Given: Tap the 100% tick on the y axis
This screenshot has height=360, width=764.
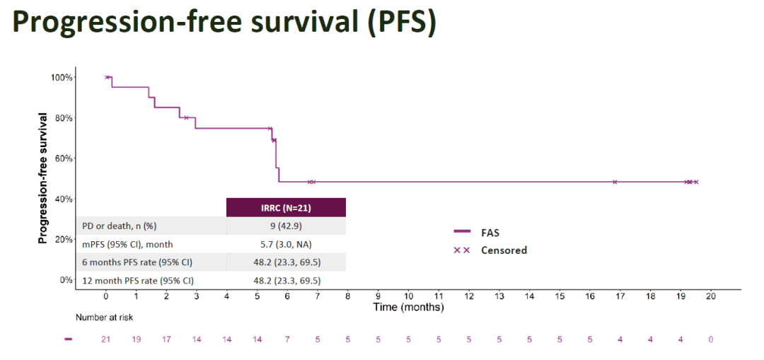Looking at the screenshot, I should point(62,77).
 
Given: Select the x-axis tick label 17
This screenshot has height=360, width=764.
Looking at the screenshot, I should point(620,296).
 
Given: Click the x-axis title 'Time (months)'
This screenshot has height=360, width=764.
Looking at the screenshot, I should point(408,307).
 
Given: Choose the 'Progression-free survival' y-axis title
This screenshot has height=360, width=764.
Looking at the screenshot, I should point(43,178).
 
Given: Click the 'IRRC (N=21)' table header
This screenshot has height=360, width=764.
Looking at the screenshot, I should point(286,207).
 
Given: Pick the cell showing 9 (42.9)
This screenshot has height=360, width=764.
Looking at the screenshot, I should point(286,226).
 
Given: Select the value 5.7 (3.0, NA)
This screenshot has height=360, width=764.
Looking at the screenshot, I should point(286,244).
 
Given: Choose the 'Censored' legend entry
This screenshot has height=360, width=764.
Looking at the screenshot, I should point(504,250).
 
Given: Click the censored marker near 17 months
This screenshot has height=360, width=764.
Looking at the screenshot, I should point(615,182).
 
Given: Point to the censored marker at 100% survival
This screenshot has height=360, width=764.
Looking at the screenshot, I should point(107,77).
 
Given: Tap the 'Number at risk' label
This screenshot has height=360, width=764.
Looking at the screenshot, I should point(104,318).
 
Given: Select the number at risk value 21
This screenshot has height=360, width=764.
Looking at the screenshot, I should point(106,339).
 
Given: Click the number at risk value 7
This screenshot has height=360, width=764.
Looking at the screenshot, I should point(287,339).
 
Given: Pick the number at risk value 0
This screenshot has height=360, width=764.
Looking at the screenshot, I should point(711,339).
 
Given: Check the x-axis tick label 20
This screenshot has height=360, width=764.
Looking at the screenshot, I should point(711,296).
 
